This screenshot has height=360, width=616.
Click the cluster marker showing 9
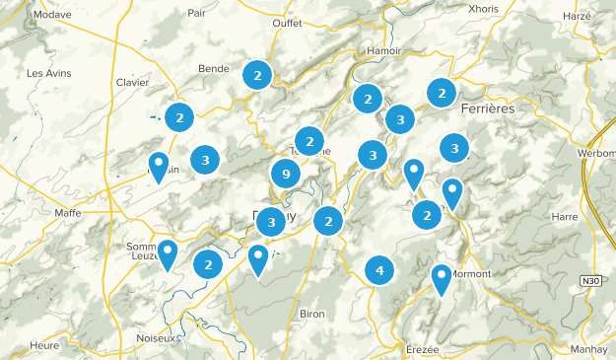pyautogui.click(x=285, y=176)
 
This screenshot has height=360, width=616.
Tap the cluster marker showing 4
pyautogui.click(x=379, y=269)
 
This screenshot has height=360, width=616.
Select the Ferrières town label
pyautogui.click(x=487, y=108)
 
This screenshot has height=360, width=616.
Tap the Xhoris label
pyautogui.click(x=485, y=8)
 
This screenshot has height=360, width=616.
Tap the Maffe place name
pyautogui.click(x=68, y=212)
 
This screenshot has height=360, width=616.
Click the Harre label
pyautogui.click(x=566, y=215)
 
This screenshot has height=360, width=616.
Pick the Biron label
pyautogui.click(x=311, y=314)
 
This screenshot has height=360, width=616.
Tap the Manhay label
pyautogui.click(x=587, y=349)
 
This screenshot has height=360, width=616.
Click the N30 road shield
pyautogui.click(x=589, y=281)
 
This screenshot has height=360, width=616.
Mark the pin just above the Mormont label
pyautogui.click(x=442, y=278)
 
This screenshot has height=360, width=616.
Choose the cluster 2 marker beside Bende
pyautogui.click(x=257, y=74)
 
